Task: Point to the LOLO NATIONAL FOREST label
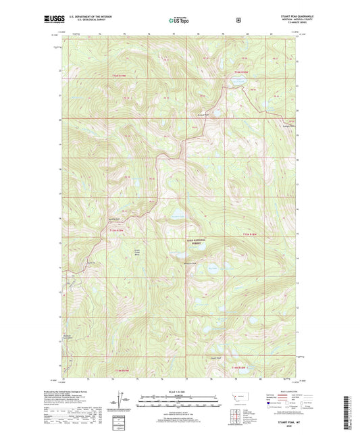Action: coord(198,240)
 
